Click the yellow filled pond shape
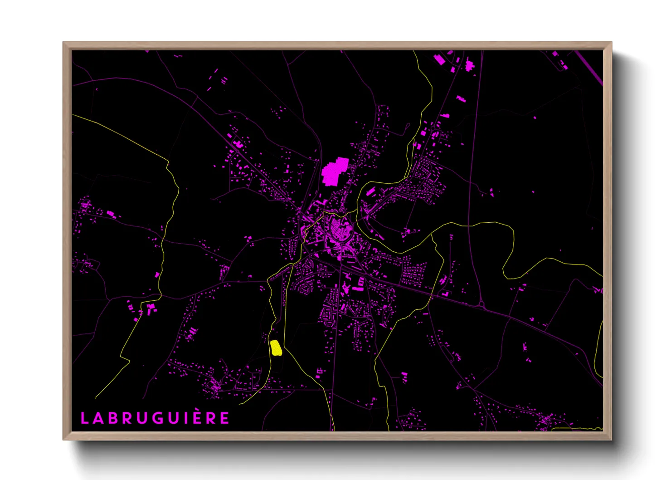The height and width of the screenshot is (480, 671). pos(276,348)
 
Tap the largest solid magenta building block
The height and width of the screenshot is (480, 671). pos(334,172)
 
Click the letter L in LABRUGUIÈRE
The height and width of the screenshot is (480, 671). pos(84,418)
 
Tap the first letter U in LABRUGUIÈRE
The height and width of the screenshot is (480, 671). pos(141,418)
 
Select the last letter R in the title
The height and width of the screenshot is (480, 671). pos(211,418)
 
